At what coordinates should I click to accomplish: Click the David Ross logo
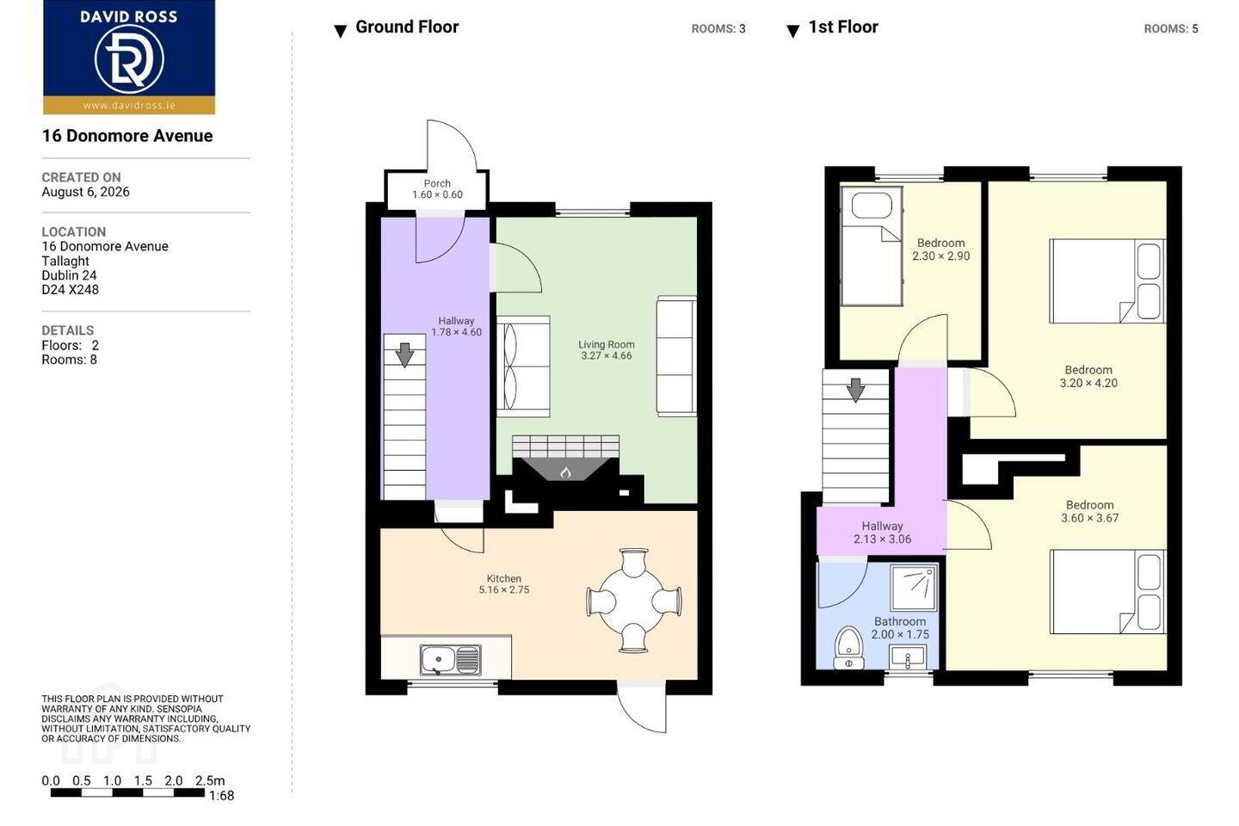(129, 58)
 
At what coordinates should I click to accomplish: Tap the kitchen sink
(450, 660)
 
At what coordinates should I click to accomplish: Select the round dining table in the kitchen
(633, 601)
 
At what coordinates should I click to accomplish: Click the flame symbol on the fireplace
(565, 472)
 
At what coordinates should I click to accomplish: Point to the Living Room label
(607, 344)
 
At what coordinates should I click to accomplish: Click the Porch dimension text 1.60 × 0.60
(437, 194)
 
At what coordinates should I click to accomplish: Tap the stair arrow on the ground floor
(405, 354)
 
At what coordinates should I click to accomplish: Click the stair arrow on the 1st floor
(855, 390)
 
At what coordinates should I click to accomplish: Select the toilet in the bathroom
(848, 648)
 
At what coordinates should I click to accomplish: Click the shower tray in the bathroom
(914, 588)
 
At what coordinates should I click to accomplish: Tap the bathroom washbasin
(907, 657)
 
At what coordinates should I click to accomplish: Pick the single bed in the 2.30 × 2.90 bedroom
(871, 245)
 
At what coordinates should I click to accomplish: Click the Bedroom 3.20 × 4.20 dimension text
(1088, 383)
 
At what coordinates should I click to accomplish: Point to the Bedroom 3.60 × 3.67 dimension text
(1089, 518)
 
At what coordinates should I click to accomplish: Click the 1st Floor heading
(843, 27)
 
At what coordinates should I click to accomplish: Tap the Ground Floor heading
(407, 27)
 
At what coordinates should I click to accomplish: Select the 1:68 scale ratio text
(221, 796)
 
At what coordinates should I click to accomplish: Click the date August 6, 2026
(86, 191)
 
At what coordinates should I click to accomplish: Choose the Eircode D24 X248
(71, 289)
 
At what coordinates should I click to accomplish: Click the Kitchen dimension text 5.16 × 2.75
(504, 589)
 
